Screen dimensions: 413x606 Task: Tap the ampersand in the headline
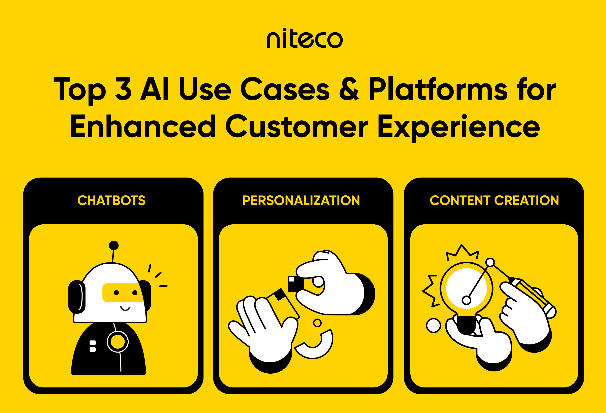click(x=349, y=89)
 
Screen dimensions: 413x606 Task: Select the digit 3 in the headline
click(x=123, y=89)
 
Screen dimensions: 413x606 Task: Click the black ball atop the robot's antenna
click(x=114, y=245)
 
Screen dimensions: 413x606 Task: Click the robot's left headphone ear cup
click(x=77, y=297)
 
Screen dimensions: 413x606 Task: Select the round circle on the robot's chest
click(x=118, y=342)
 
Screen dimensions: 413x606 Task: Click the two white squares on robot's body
click(x=93, y=346)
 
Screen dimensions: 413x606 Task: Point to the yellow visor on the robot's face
click(x=123, y=293)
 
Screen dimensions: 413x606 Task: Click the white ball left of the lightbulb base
click(x=433, y=326)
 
